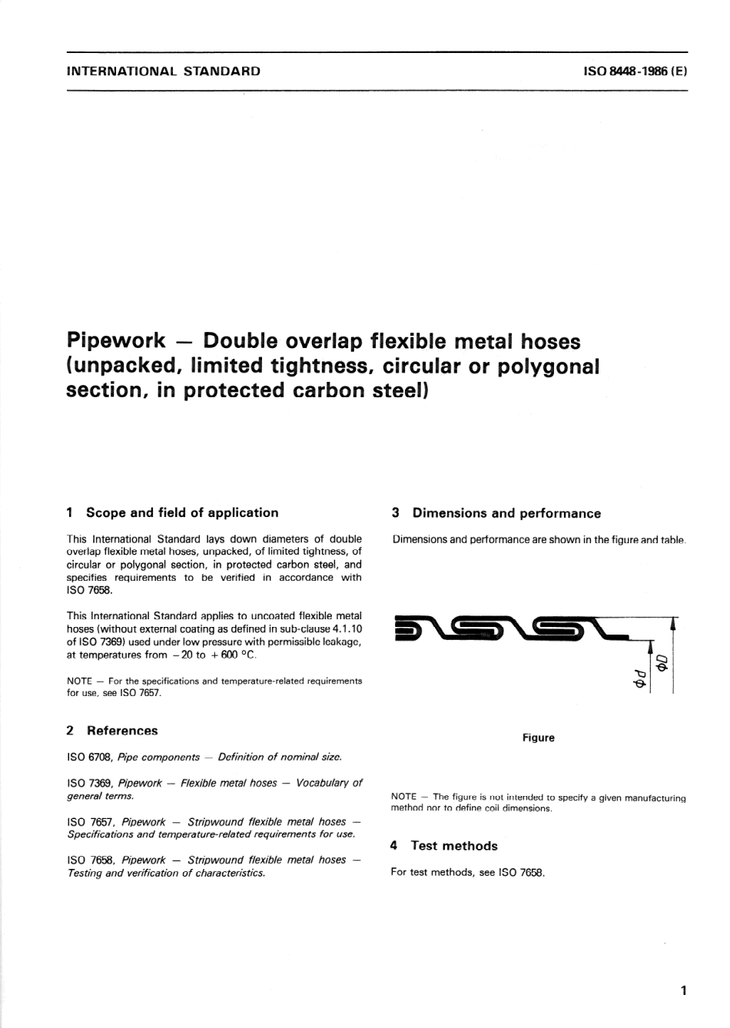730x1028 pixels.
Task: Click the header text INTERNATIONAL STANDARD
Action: pos(164,71)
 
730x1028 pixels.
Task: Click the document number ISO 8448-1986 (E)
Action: pos(635,71)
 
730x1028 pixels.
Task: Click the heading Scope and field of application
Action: pos(182,512)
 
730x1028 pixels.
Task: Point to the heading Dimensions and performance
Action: pos(506,513)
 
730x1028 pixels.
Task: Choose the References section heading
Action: pos(121,731)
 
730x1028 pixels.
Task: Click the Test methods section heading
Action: pos(453,846)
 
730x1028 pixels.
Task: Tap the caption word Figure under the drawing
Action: pos(538,738)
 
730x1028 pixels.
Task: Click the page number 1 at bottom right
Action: pos(683,990)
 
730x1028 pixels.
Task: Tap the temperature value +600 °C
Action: pos(231,655)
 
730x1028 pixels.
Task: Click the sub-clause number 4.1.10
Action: pos(341,629)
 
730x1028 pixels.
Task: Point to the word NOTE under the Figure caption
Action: pos(403,798)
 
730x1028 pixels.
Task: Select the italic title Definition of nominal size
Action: pos(279,758)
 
